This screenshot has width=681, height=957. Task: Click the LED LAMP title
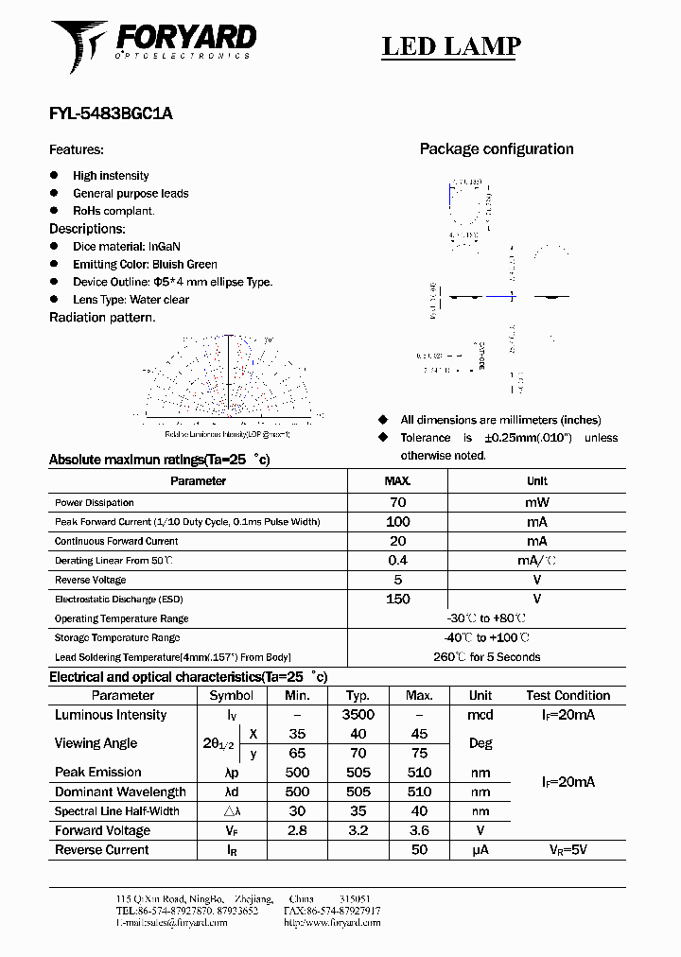point(450,46)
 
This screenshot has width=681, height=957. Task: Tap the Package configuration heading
point(496,149)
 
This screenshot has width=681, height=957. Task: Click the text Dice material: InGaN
point(126,247)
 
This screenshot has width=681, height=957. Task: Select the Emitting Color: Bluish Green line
point(145,265)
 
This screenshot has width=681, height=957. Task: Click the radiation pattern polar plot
point(228,378)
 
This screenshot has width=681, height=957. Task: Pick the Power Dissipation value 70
point(397,503)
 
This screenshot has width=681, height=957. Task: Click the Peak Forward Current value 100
point(397,522)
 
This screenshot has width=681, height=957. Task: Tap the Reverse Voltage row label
point(91,580)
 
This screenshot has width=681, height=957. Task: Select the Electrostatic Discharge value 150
point(397,599)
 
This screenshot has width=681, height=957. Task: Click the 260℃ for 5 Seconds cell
point(487,657)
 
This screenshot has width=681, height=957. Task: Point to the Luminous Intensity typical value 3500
point(358,715)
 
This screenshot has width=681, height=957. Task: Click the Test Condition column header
point(567,695)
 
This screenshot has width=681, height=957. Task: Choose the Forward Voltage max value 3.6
point(419,830)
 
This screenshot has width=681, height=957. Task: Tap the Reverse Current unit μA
point(480,850)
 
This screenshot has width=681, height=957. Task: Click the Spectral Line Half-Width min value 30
point(297,811)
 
